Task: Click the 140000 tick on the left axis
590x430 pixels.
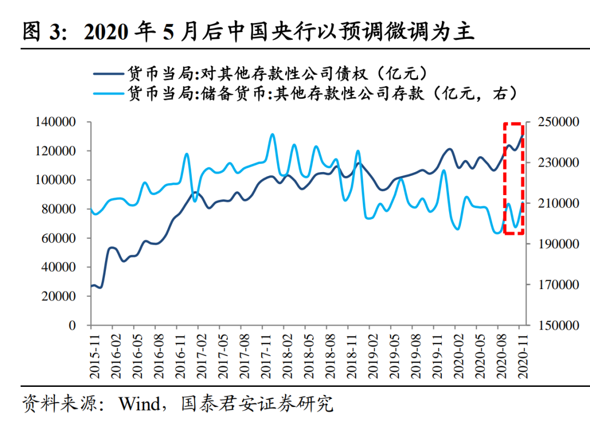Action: click(x=56, y=122)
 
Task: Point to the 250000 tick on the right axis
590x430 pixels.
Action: click(x=558, y=122)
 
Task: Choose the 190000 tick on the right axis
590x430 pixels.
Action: click(x=558, y=244)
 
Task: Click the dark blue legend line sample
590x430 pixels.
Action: click(x=108, y=72)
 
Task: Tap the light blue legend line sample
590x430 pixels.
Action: click(x=108, y=93)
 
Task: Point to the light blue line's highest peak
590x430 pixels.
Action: click(x=273, y=134)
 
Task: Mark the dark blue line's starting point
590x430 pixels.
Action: click(x=91, y=286)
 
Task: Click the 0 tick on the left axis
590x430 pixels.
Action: click(x=72, y=326)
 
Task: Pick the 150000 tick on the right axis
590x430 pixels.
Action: click(x=558, y=326)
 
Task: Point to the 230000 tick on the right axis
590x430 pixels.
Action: click(x=558, y=163)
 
